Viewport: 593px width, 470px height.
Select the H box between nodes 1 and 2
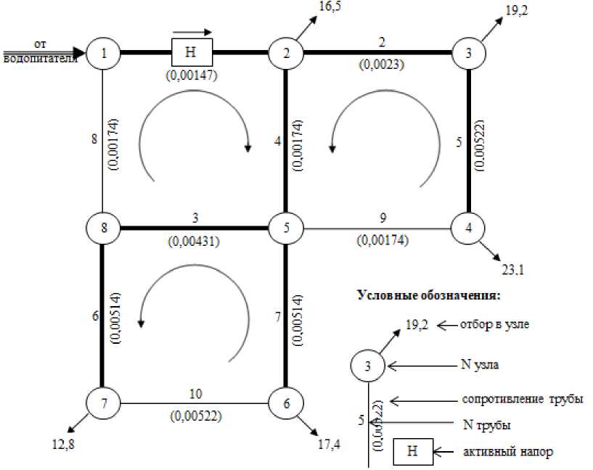(x=192, y=53)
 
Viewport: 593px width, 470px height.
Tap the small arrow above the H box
(x=192, y=32)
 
